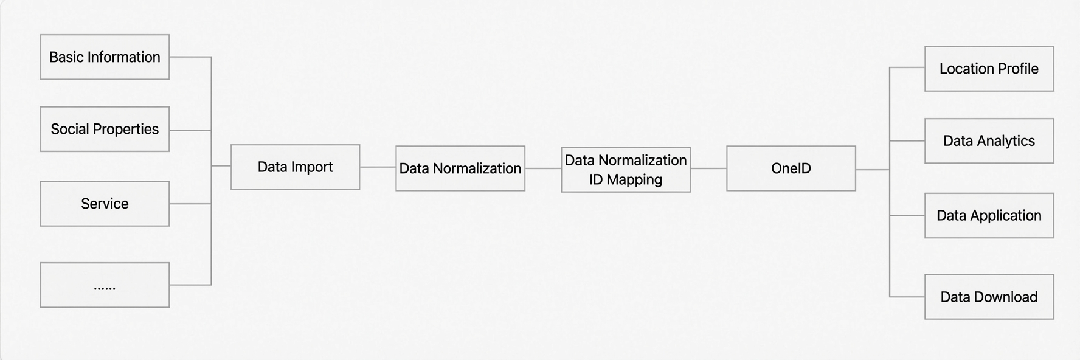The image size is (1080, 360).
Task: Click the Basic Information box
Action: tap(105, 57)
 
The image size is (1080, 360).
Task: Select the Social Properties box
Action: tap(105, 130)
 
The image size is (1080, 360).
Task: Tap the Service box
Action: tap(105, 204)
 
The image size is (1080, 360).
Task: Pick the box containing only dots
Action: tap(105, 285)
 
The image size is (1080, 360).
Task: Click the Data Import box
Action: tap(296, 167)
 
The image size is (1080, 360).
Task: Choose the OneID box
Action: tap(791, 168)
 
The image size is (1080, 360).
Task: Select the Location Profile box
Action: tap(989, 69)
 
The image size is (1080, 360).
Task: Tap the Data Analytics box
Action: tap(989, 141)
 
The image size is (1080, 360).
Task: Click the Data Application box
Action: tap(989, 216)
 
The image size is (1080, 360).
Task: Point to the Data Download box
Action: tap(989, 297)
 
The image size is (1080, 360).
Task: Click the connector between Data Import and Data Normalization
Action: tap(378, 167)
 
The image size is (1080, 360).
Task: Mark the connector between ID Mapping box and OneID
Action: tap(708, 168)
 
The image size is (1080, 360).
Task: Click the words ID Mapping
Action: tap(626, 180)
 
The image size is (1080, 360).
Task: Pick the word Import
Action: tap(311, 167)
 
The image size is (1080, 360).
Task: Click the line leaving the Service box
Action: tap(190, 204)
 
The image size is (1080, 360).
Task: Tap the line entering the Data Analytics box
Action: tap(907, 141)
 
